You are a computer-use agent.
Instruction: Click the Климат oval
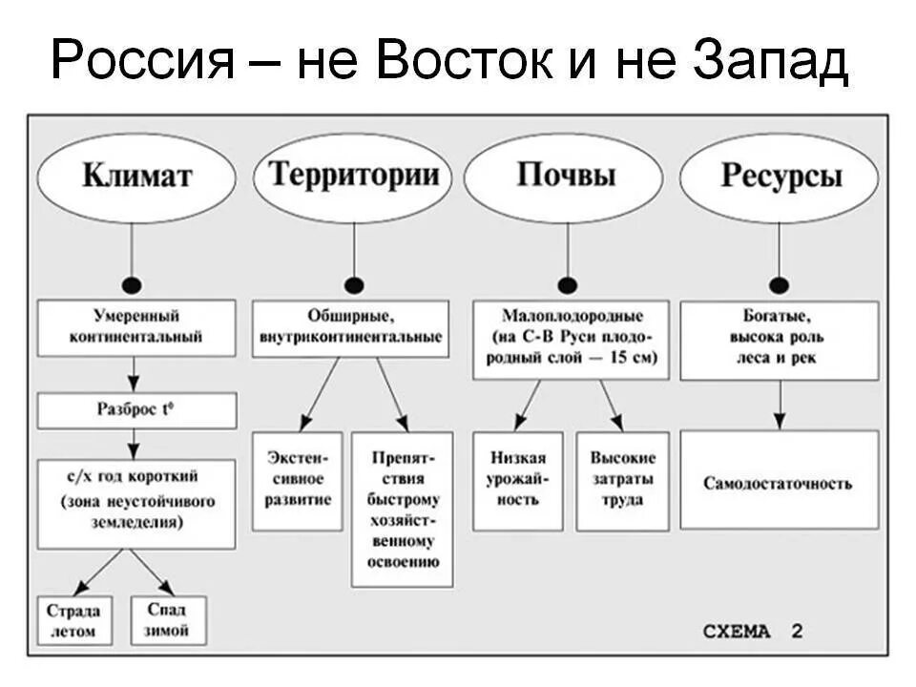pyautogui.click(x=136, y=176)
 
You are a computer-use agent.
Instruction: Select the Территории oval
pyautogui.click(x=354, y=176)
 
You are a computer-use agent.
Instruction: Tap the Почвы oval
pyautogui.click(x=567, y=176)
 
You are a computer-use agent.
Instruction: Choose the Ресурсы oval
pyautogui.click(x=781, y=177)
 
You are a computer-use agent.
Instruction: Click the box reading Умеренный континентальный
pyautogui.click(x=136, y=327)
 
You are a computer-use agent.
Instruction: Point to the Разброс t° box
pyautogui.click(x=136, y=410)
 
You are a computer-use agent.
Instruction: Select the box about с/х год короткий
pyautogui.click(x=136, y=503)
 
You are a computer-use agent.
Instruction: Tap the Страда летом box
pyautogui.click(x=73, y=620)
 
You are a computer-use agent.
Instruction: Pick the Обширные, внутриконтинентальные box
pyautogui.click(x=350, y=327)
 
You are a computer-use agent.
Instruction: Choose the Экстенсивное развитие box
pyautogui.click(x=297, y=481)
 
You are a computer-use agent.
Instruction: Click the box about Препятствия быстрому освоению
pyautogui.click(x=402, y=509)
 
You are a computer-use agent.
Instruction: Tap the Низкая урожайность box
pyautogui.click(x=517, y=481)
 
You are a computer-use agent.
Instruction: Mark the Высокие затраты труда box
pyautogui.click(x=622, y=481)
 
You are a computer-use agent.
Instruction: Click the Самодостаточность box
pyautogui.click(x=779, y=479)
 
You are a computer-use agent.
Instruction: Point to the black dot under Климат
pyautogui.click(x=133, y=284)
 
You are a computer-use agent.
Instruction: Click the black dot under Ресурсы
pyautogui.click(x=780, y=284)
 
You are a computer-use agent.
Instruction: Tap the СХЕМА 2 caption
pyautogui.click(x=753, y=631)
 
